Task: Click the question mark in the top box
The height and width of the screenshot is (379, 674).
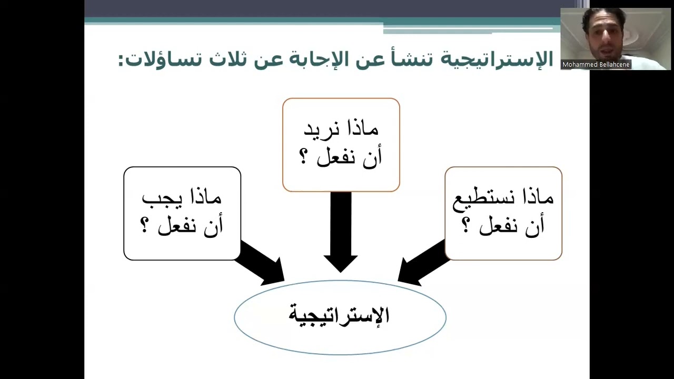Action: coord(304,157)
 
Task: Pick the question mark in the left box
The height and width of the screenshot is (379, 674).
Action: coord(145,226)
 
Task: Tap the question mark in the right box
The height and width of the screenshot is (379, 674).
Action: coord(465,226)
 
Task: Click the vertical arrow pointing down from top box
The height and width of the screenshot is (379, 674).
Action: coord(341,232)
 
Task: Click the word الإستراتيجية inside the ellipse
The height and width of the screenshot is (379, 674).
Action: coord(340,315)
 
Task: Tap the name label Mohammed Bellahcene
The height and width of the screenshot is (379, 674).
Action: coord(596,65)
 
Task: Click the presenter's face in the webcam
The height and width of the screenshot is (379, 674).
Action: coord(603,37)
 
